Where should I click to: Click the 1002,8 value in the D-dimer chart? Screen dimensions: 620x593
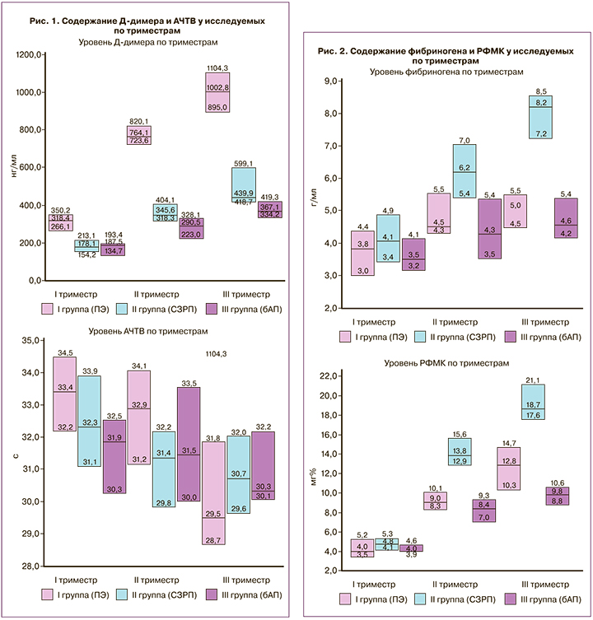[217, 87]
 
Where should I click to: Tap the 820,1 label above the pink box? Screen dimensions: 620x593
[137, 121]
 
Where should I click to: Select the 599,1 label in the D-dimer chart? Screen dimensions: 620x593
[245, 163]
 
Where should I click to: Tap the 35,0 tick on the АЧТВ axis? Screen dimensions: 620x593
[33, 340]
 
